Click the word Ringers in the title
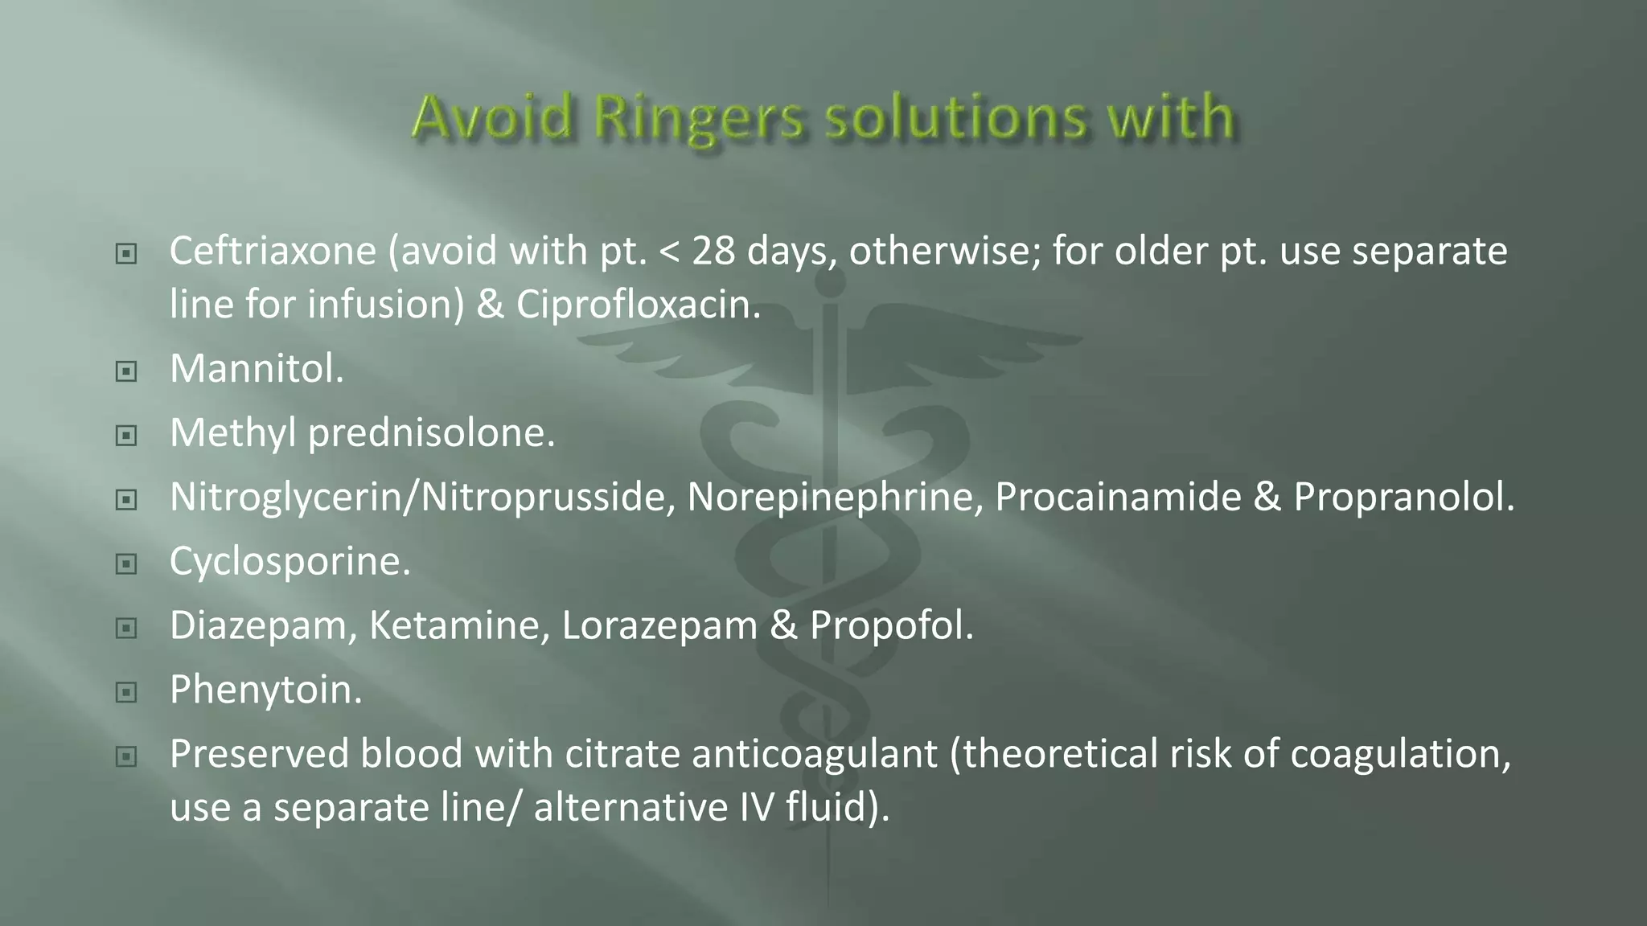[x=698, y=118]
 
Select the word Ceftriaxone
[x=273, y=251]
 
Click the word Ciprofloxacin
[x=638, y=304]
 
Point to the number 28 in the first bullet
[x=713, y=251]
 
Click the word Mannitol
[x=257, y=369]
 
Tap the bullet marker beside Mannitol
[x=126, y=371]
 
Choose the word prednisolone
[x=431, y=433]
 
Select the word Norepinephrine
[x=835, y=497]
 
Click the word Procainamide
[x=1118, y=497]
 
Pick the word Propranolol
[x=1403, y=497]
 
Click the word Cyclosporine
[x=290, y=561]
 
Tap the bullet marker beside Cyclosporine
[x=126, y=564]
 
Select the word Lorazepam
[x=659, y=625]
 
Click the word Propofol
[x=891, y=625]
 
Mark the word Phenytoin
[x=265, y=690]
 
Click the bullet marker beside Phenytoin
[x=126, y=692]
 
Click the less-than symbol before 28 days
[x=669, y=252]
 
